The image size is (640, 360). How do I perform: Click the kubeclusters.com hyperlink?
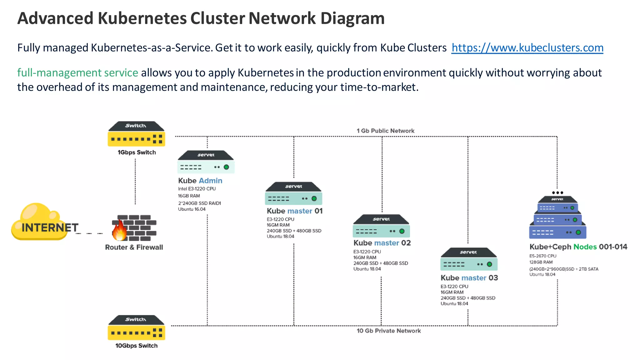pos(527,48)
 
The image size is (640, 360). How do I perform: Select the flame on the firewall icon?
pos(120,231)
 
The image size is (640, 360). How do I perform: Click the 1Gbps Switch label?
pos(137,152)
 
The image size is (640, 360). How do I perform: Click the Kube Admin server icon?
pos(206,162)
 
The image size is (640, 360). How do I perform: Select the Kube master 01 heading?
pos(294,211)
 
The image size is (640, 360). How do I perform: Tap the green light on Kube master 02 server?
pos(402,231)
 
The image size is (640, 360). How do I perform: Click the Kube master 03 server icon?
pos(469,259)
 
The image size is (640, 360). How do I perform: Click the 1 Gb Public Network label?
pos(385,131)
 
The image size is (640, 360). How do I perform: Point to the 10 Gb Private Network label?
pos(388,331)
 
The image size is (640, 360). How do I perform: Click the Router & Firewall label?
pos(134,247)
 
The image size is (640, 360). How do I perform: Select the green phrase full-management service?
pos(77,73)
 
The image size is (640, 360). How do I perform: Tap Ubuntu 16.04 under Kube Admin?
pos(192,209)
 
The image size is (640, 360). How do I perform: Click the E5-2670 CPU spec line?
pos(542,256)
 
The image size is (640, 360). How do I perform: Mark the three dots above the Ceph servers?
pos(557,193)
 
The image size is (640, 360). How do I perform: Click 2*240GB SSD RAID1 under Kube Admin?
pos(199,203)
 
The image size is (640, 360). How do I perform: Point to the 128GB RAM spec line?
pos(541,262)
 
